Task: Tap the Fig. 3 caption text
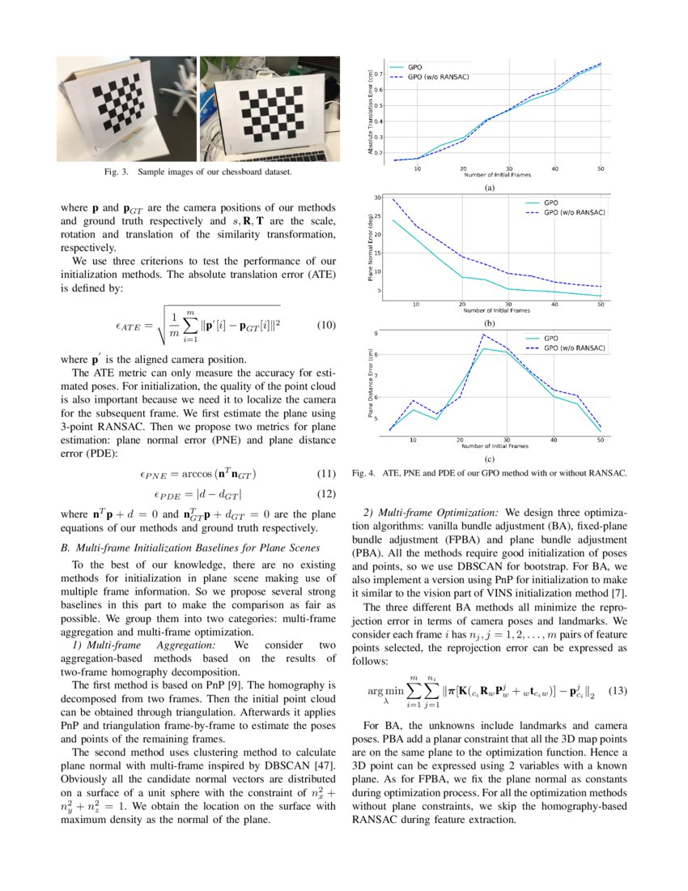[x=198, y=173]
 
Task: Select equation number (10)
[x=325, y=326]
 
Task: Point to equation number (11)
[x=325, y=473]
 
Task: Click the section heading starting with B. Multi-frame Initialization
[x=182, y=548]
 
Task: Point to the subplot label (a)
[x=488, y=187]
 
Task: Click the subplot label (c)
[x=488, y=458]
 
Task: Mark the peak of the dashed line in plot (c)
[x=483, y=335]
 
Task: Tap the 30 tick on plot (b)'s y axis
[x=378, y=197]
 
